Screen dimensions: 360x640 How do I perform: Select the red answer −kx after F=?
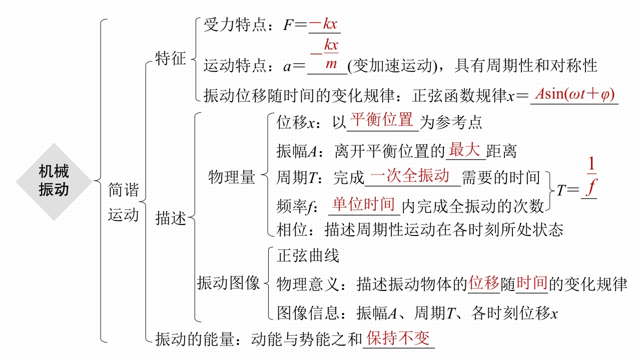tap(324, 24)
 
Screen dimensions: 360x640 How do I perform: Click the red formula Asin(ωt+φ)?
tap(574, 94)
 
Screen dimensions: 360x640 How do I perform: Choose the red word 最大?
tap(464, 149)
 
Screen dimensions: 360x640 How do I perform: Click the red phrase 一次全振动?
tap(410, 176)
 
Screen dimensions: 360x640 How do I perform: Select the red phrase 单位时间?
tap(364, 204)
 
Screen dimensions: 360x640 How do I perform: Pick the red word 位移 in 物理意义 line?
tap(484, 283)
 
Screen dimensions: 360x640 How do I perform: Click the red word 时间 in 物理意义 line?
tap(531, 283)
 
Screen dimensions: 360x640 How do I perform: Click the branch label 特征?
tap(170, 58)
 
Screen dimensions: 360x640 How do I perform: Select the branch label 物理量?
tap(231, 177)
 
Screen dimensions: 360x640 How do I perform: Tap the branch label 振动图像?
tap(228, 283)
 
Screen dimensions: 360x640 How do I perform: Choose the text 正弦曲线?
tap(308, 256)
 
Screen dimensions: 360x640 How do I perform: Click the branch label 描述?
tap(170, 218)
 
